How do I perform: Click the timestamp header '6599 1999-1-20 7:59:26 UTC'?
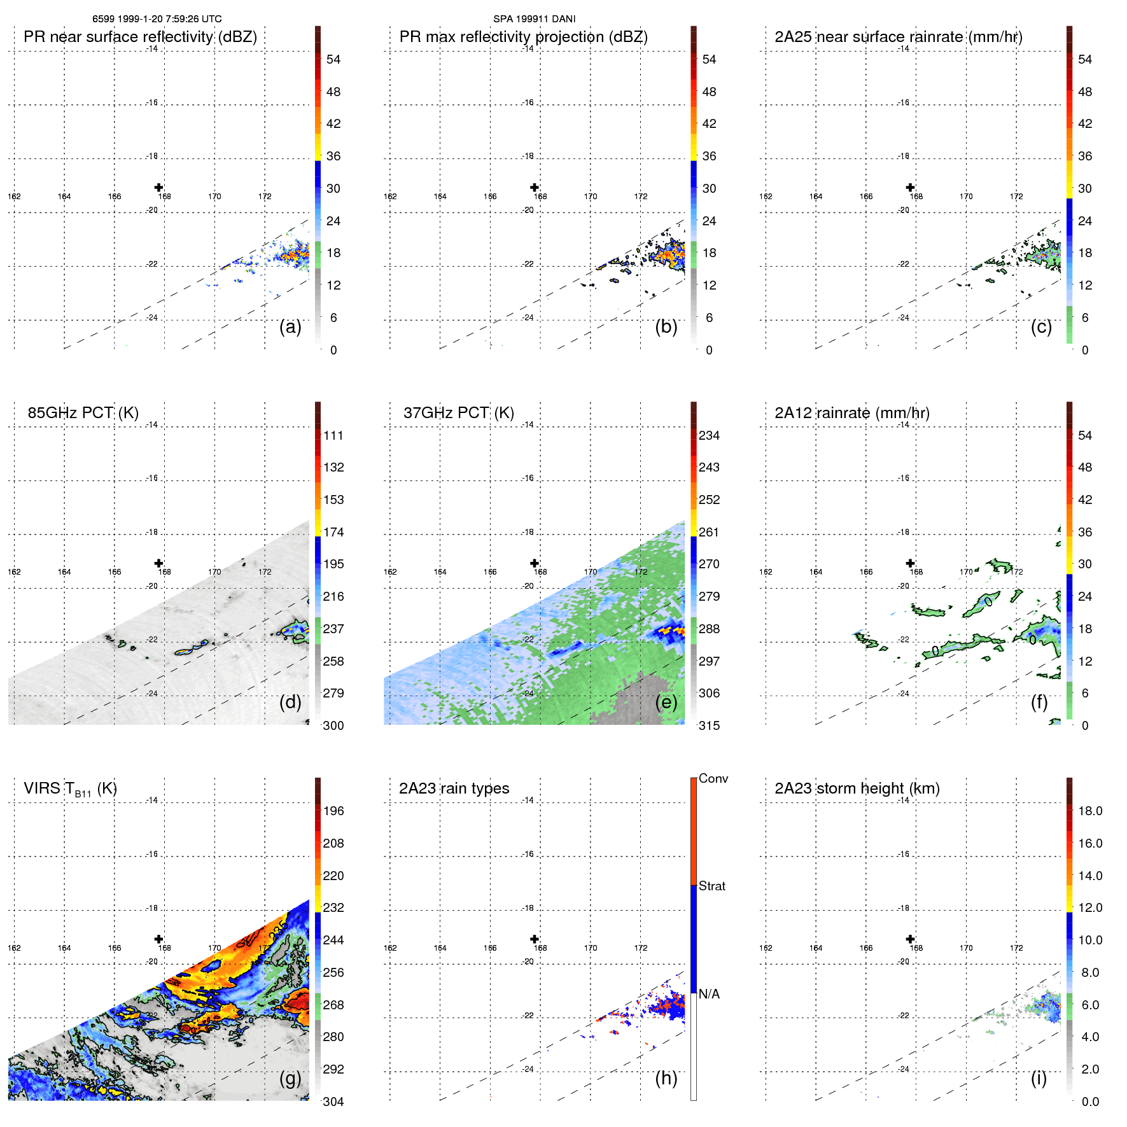(157, 19)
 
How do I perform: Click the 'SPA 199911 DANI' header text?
(534, 19)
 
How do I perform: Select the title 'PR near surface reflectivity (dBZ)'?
(140, 37)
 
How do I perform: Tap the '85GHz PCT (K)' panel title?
(83, 413)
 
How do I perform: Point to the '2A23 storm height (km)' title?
(857, 788)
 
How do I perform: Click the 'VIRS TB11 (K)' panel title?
(70, 789)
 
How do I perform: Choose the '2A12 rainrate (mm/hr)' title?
(851, 413)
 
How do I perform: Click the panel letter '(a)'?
(290, 326)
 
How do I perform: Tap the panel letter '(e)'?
(666, 702)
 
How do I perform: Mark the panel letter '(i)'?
(1039, 1078)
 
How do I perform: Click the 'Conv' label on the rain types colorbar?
(713, 778)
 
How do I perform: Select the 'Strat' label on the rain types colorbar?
(711, 886)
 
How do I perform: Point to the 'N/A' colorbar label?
(709, 994)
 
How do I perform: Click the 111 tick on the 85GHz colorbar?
(333, 435)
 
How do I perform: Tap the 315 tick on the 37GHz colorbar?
(709, 725)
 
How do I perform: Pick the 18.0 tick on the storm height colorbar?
(1089, 811)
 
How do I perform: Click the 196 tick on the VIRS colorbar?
(333, 811)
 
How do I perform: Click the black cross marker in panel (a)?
(158, 187)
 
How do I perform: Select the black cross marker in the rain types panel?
(535, 939)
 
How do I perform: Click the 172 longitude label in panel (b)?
(640, 197)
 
